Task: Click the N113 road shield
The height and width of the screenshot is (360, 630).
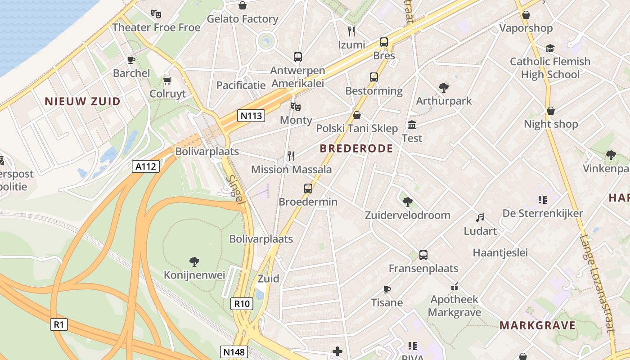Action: click(251, 116)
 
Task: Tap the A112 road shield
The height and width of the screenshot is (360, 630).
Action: click(146, 166)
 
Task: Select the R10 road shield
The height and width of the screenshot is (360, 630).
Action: click(242, 304)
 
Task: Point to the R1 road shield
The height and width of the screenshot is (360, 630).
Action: click(58, 324)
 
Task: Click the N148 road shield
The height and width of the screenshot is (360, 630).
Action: click(234, 351)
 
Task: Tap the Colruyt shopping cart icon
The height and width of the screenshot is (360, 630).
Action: click(167, 81)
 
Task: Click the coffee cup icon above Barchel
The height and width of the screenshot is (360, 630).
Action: click(131, 59)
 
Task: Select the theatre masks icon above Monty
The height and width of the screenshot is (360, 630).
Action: click(295, 107)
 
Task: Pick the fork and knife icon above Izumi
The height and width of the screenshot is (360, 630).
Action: click(351, 31)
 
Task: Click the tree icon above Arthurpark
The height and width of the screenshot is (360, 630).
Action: click(443, 87)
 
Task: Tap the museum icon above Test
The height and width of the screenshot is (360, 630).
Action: click(412, 125)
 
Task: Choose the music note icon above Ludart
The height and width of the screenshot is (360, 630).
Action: click(480, 218)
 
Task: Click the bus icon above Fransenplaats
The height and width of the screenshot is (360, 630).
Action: click(423, 255)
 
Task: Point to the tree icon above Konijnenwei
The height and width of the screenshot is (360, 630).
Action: click(194, 261)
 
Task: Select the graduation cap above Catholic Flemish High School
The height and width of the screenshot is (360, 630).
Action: click(550, 48)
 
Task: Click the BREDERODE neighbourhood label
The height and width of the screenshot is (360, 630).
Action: click(356, 148)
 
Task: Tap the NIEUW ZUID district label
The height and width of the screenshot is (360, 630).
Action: click(82, 101)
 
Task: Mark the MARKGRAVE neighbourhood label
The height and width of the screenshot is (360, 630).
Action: click(537, 325)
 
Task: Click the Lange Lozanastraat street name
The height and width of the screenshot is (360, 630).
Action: click(598, 283)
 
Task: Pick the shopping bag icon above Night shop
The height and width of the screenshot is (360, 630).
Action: click(550, 111)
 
